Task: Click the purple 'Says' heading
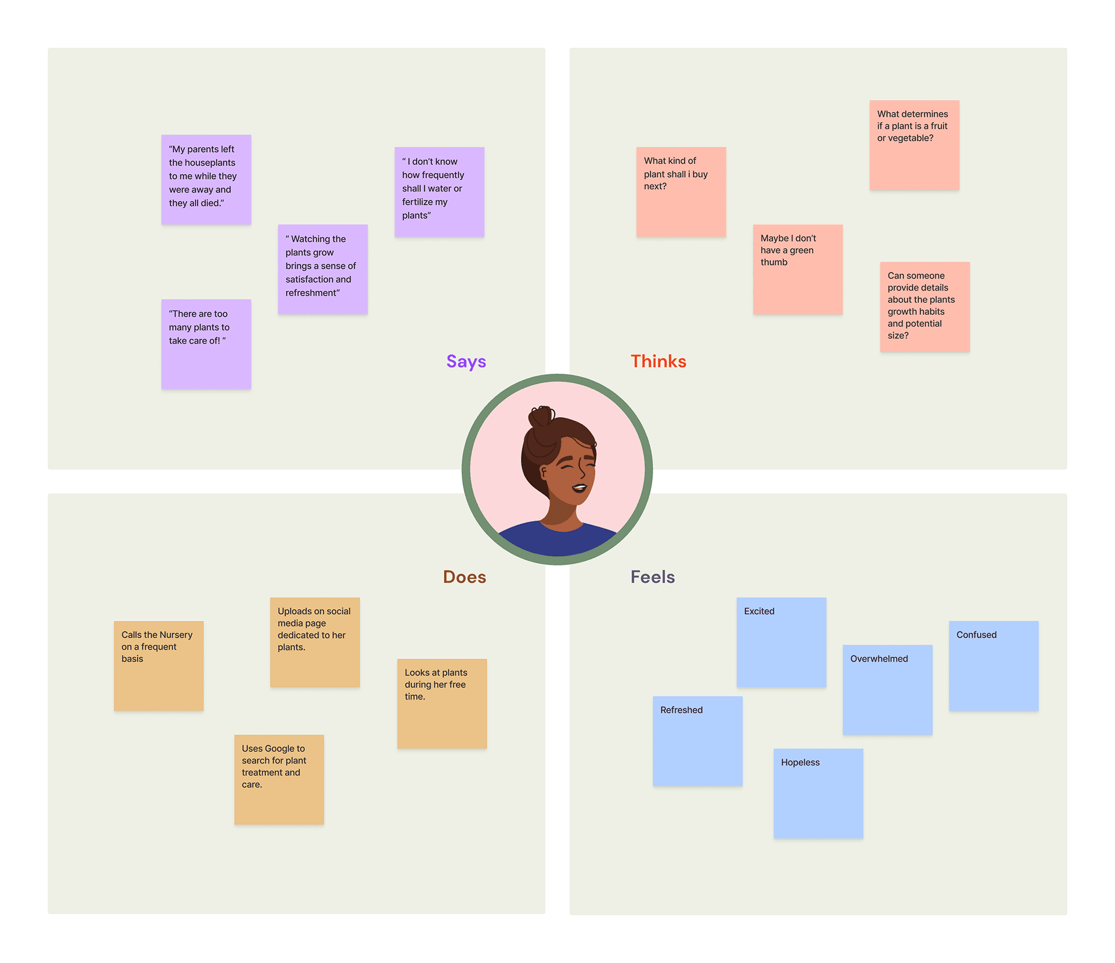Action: coord(466,361)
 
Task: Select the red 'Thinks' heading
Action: coord(659,361)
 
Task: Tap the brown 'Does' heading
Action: coord(465,577)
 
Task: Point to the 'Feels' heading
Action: coord(653,577)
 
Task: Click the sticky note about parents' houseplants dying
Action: coord(206,180)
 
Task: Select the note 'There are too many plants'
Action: coord(206,344)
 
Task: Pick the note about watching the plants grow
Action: coord(323,269)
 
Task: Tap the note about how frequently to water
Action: coord(440,192)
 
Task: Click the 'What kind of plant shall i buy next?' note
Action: coord(681,192)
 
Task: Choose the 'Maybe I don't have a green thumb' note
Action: coord(798,269)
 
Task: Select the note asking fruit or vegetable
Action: coord(914,145)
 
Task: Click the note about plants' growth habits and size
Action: coord(925,306)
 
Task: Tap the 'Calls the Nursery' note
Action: coord(159,665)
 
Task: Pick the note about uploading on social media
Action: coord(315,642)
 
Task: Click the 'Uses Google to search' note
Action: coord(279,779)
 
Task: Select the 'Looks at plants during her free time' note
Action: coord(442,703)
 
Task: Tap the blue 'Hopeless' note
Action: coord(818,793)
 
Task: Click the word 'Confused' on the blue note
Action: coord(976,635)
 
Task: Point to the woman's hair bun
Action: coord(541,416)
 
